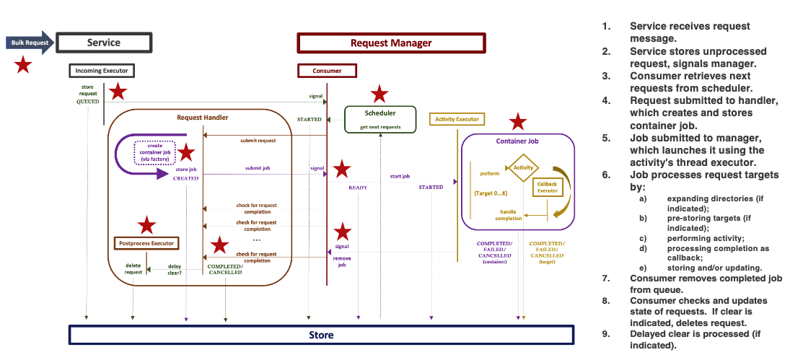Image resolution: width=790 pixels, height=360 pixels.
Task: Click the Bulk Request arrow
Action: click(30, 43)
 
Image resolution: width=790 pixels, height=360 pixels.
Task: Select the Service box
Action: click(103, 43)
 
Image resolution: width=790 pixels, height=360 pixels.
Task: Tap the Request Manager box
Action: click(390, 43)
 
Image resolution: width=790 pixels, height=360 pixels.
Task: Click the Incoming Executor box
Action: click(102, 71)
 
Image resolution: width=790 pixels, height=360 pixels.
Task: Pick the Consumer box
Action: click(327, 71)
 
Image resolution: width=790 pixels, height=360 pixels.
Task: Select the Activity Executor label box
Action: click(456, 118)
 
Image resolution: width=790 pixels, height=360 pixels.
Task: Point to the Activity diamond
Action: click(522, 167)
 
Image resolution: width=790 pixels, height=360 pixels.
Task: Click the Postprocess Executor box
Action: click(146, 243)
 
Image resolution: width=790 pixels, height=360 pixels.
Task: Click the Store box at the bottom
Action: click(321, 335)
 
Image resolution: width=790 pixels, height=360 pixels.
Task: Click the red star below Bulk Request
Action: click(23, 66)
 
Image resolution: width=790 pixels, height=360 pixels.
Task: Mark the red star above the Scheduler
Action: click(379, 94)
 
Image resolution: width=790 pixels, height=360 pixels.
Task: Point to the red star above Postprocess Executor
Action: click(147, 225)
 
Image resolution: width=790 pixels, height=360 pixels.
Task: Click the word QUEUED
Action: click(87, 102)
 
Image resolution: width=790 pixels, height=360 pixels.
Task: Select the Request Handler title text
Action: click(202, 117)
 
